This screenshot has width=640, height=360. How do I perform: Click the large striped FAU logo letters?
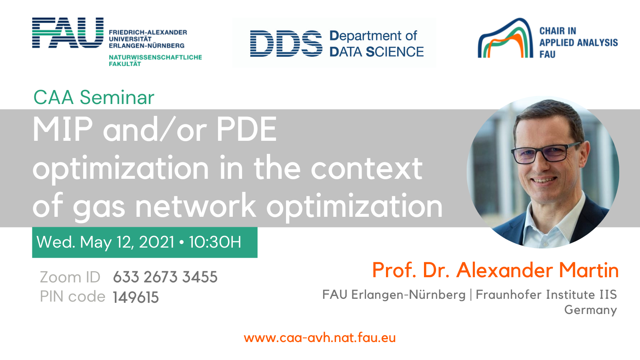(x=68, y=32)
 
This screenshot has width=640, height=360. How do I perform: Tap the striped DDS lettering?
(x=286, y=44)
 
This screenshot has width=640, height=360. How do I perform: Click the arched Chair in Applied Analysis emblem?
(x=505, y=38)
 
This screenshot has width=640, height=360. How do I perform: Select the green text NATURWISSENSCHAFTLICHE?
(x=156, y=57)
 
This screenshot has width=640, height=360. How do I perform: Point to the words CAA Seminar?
(x=94, y=98)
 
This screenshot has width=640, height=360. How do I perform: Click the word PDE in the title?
(x=246, y=129)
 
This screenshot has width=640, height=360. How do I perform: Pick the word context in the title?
(x=366, y=168)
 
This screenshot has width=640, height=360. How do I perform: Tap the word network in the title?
(x=196, y=206)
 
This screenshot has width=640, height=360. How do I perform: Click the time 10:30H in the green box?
(x=215, y=242)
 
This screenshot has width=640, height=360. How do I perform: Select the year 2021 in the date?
(x=156, y=242)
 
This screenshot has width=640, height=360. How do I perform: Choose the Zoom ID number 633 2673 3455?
(x=165, y=277)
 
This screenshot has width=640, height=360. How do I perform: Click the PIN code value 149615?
(x=136, y=297)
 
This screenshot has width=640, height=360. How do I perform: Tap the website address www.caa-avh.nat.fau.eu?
(x=320, y=338)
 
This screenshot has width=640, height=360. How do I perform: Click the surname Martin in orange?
(x=589, y=270)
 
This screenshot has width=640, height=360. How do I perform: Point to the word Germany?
(x=590, y=310)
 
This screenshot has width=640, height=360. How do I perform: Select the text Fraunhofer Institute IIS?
(x=546, y=294)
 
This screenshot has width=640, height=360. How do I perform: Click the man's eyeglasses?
(x=546, y=154)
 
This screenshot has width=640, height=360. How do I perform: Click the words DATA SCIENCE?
(x=376, y=52)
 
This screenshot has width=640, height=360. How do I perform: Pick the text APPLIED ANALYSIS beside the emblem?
(x=578, y=42)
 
